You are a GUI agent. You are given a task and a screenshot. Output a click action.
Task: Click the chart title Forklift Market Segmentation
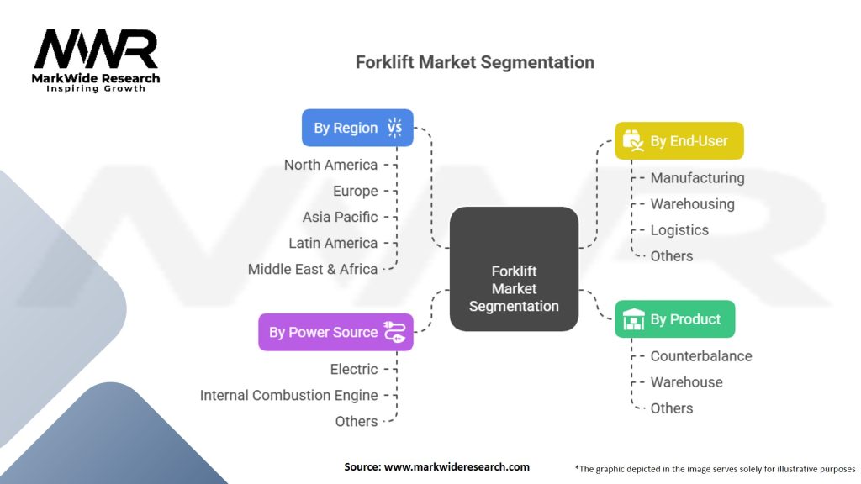[x=474, y=62]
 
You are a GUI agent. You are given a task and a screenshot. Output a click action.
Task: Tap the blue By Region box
[x=357, y=128]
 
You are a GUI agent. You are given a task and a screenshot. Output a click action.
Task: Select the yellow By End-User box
[x=679, y=141]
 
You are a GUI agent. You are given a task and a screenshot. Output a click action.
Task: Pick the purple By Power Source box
[x=335, y=332]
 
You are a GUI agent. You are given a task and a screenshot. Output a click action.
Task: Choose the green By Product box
[x=674, y=319]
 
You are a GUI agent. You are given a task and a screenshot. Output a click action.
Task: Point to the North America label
[x=330, y=165]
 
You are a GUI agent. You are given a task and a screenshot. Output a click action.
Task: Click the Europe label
[x=355, y=191]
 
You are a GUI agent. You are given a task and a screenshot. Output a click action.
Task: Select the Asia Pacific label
[x=340, y=217]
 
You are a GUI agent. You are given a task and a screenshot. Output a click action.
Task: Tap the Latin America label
[x=333, y=243]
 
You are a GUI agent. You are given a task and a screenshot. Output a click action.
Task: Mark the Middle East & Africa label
[x=313, y=269]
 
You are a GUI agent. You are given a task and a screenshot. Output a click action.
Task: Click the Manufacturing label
[x=697, y=178]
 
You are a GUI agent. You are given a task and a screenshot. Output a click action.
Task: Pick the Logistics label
[x=679, y=230]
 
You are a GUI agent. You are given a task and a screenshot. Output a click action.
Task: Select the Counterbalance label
[x=701, y=356]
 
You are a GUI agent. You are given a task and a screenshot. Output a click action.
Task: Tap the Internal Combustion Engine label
[x=288, y=395]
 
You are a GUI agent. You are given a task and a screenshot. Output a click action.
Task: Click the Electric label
[x=354, y=369]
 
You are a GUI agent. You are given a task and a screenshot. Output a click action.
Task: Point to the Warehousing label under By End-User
[x=692, y=204]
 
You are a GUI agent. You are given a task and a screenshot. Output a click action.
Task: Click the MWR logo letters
[x=96, y=50]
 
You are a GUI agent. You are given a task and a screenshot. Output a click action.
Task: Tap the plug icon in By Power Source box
[x=394, y=332]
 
